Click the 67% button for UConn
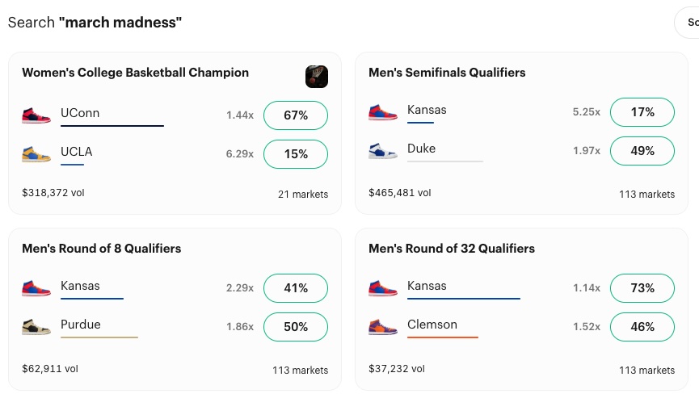[x=296, y=115]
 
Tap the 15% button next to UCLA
[x=296, y=154]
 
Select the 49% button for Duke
[x=642, y=151]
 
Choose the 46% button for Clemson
[x=642, y=327]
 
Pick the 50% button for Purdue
[x=296, y=327]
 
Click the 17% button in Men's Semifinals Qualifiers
[x=642, y=112]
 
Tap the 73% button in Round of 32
[x=642, y=288]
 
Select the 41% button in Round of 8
[x=296, y=288]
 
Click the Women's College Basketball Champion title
[x=135, y=73]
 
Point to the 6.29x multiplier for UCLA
[x=240, y=154]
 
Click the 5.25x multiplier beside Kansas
[x=586, y=112]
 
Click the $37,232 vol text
[x=396, y=369]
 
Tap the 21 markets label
[x=303, y=195]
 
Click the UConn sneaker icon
[x=36, y=114]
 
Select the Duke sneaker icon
[x=383, y=151]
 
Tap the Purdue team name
[x=81, y=325]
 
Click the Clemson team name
[x=432, y=325]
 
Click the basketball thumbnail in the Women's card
[x=317, y=77]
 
